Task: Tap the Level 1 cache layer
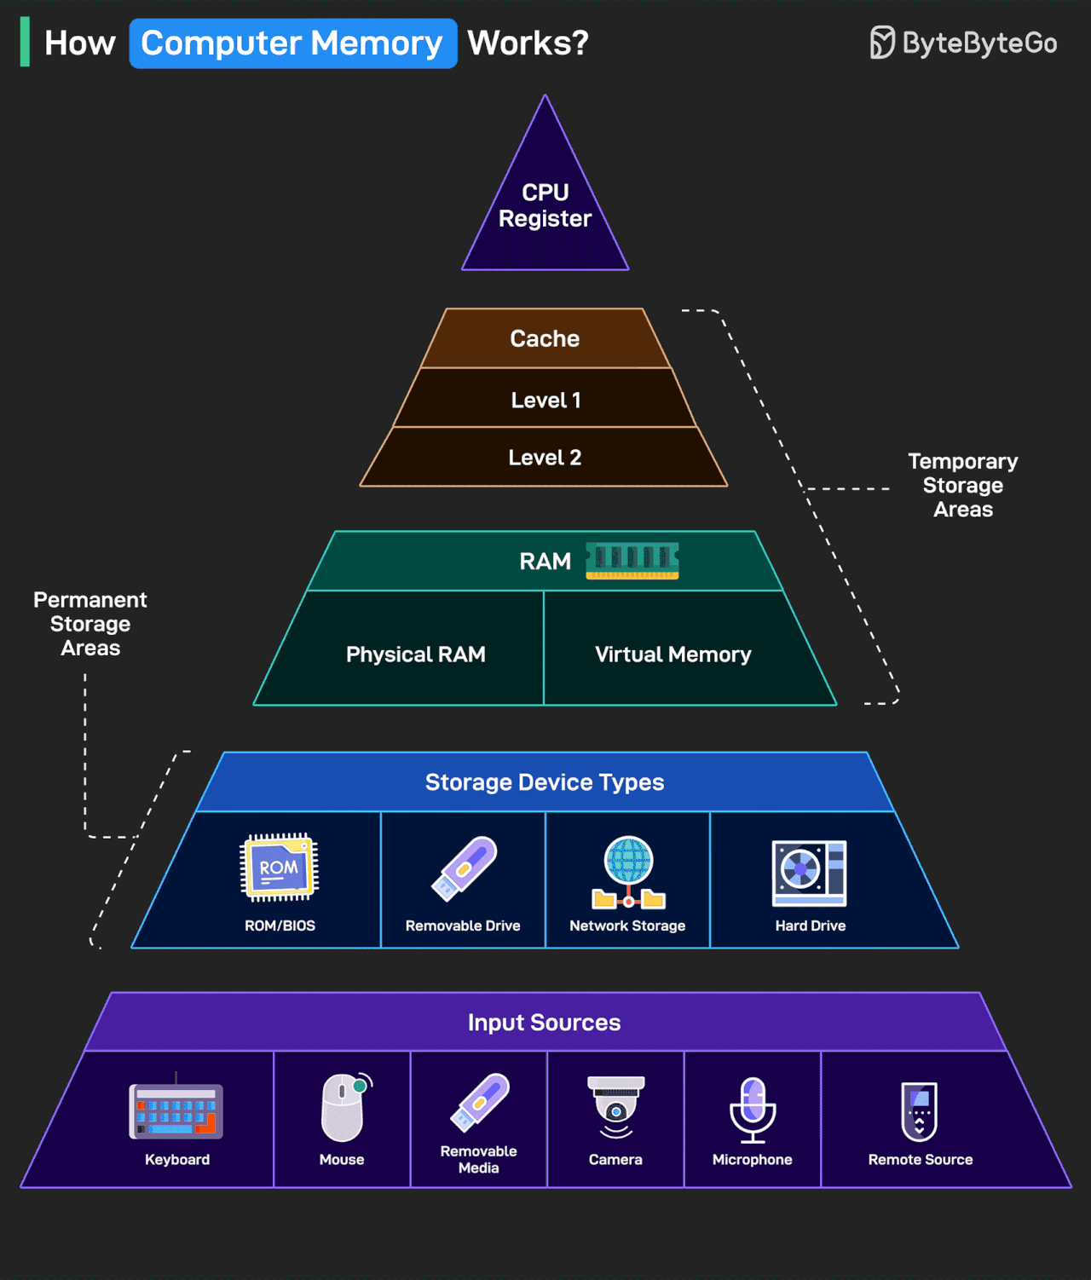545,400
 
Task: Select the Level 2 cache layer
545,458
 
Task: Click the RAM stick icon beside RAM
632,561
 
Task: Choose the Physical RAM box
416,654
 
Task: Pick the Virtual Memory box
673,654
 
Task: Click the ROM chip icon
280,868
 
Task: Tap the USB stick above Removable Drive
465,868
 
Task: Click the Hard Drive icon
810,873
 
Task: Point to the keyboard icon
176,1110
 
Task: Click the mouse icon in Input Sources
343,1107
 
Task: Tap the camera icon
615,1107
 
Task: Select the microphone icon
753,1109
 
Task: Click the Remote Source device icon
920,1110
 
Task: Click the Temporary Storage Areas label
963,485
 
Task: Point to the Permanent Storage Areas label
90,624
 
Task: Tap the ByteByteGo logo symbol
882,43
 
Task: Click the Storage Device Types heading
545,782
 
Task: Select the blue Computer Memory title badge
292,43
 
